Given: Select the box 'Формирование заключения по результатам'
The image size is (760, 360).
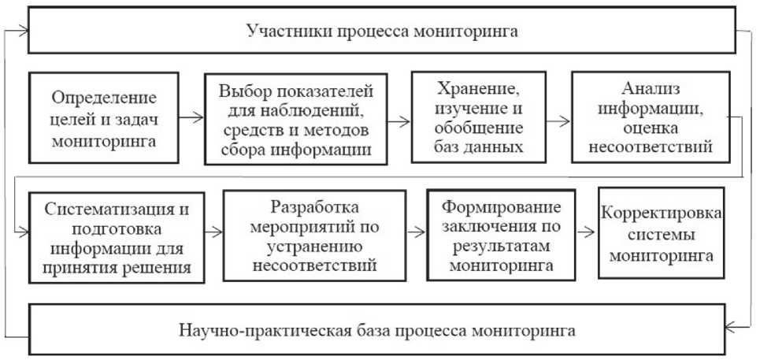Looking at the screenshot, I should (501, 235).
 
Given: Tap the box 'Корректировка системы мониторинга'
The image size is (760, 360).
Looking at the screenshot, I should (661, 233).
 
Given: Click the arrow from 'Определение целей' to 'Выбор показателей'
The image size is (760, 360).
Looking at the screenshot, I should (191, 118).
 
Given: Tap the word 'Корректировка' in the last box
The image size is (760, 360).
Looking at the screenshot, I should (661, 213).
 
